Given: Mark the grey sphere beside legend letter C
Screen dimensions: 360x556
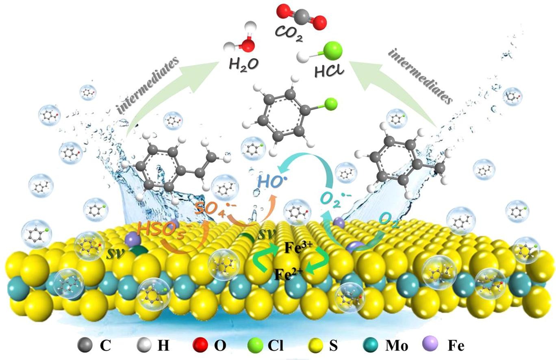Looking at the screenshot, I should (83, 346).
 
